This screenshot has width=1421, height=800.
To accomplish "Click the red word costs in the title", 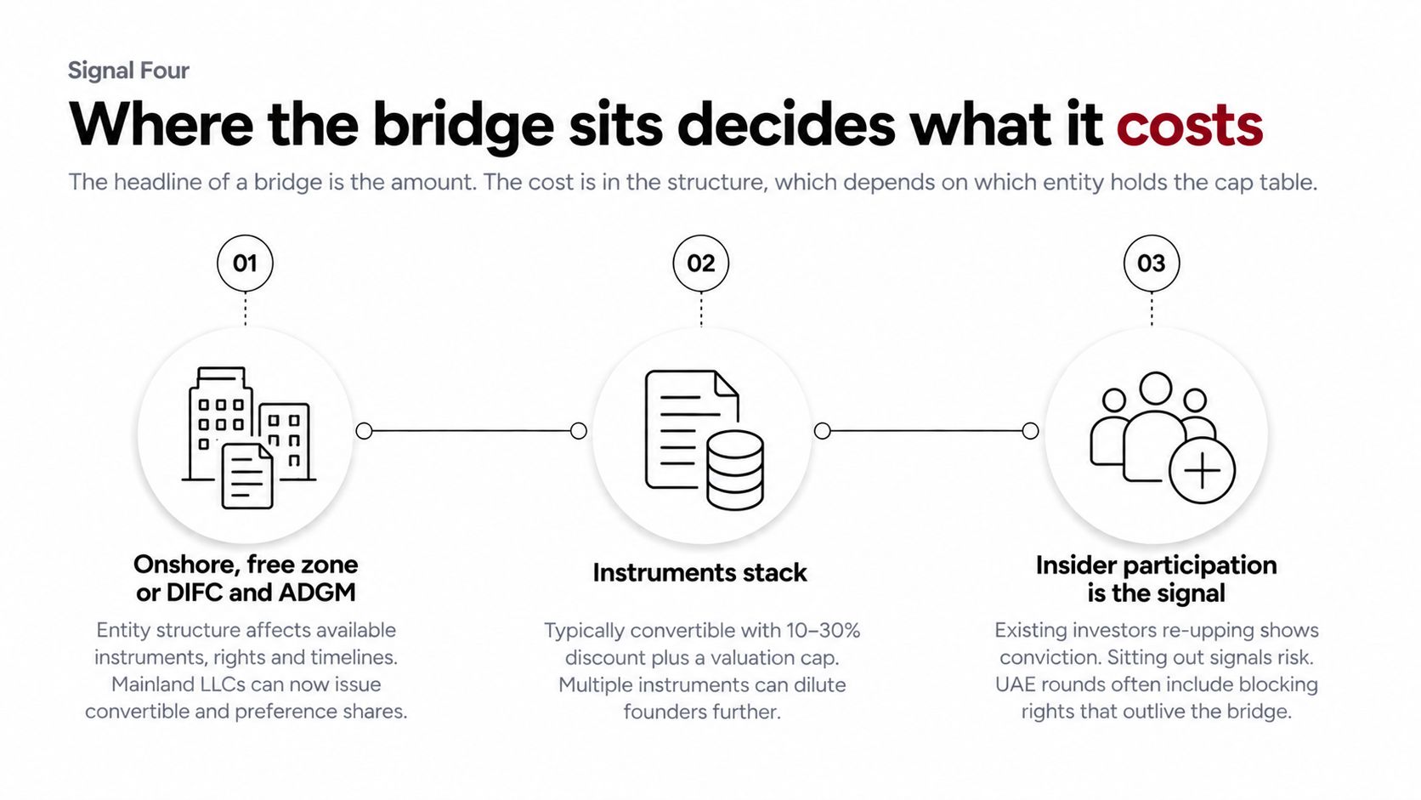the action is click(x=1190, y=125).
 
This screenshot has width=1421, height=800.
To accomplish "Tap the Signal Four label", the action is click(x=128, y=71).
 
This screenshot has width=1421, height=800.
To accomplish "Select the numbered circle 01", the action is click(x=245, y=264).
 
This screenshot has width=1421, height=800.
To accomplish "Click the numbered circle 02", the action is click(x=700, y=264).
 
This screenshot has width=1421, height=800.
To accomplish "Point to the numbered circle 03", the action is click(x=1152, y=264).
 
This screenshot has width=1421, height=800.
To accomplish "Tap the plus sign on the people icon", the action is click(x=1202, y=471).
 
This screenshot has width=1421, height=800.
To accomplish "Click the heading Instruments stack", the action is click(x=699, y=573).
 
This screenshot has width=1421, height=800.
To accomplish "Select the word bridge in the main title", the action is click(x=463, y=125).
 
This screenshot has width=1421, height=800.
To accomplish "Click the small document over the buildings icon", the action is click(x=246, y=476).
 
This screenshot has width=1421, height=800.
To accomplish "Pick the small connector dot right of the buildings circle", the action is click(x=364, y=431).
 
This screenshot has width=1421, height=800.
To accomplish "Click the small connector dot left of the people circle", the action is click(x=1030, y=431).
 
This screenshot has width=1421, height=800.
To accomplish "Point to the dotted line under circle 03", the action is click(x=1152, y=309).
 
